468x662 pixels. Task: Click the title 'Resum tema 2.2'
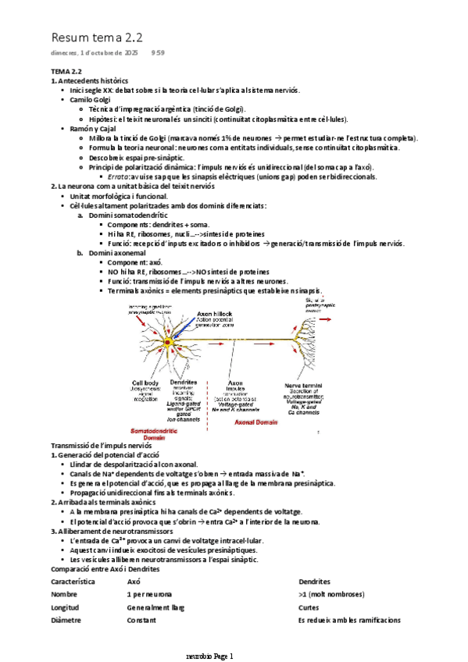tap(97, 37)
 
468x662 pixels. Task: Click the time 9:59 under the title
tap(158, 53)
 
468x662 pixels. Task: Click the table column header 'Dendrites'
tap(314, 582)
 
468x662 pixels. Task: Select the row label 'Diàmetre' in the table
tap(66, 621)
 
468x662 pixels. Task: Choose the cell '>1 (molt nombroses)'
tap(334, 595)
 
